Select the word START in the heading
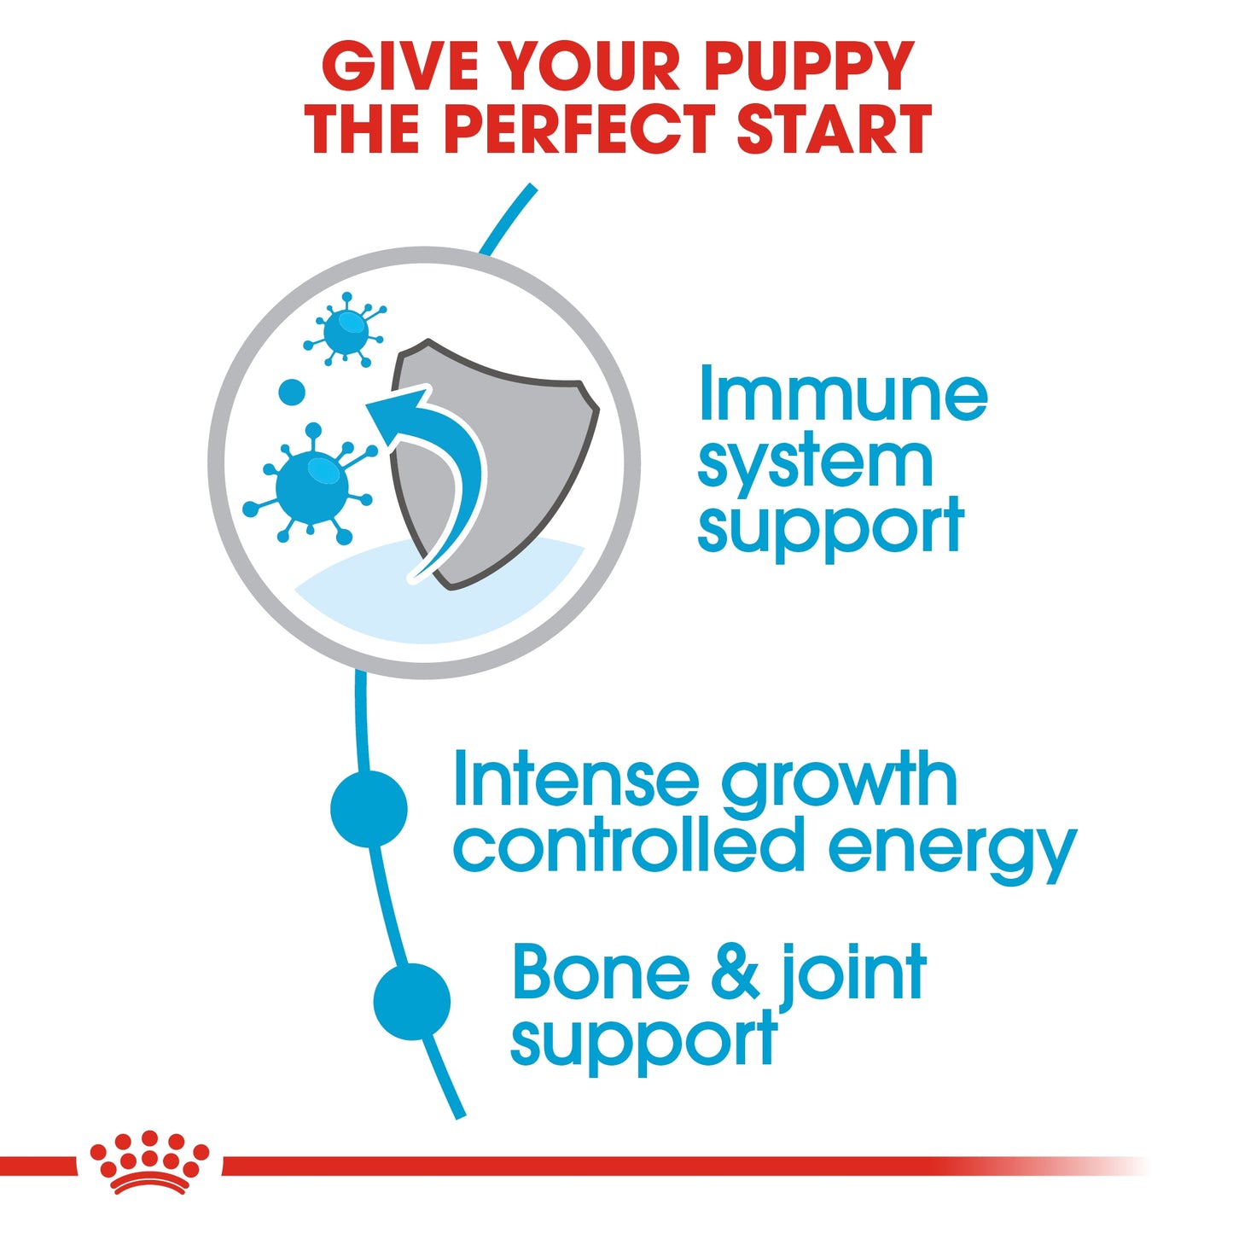point(833,130)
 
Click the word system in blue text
point(815,463)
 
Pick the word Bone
point(601,973)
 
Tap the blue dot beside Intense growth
point(369,808)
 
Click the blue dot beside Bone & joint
point(412,1002)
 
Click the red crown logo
point(149,1161)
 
